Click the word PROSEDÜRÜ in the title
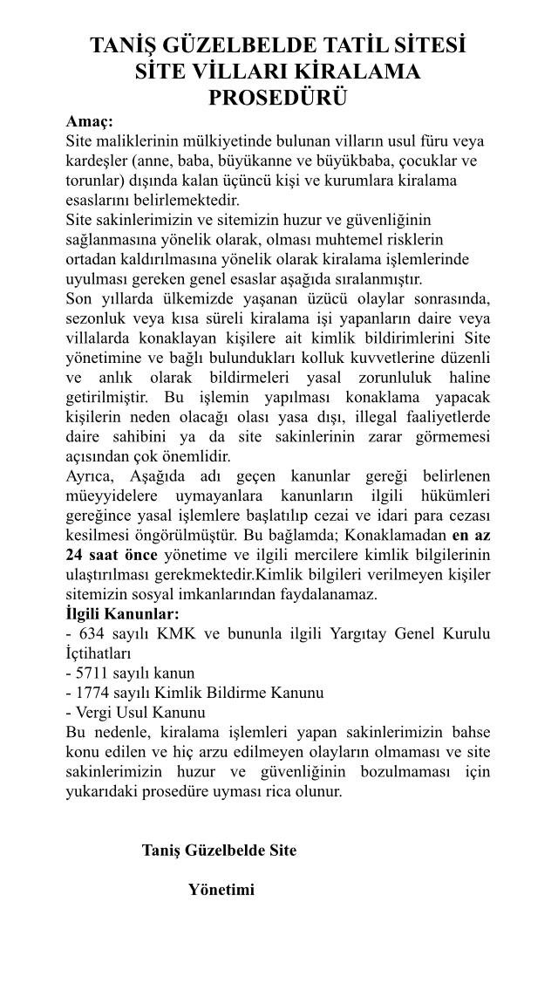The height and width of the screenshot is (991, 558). pos(277,98)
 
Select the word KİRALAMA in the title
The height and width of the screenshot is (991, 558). pos(358,72)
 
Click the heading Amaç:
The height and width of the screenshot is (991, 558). pos(90,121)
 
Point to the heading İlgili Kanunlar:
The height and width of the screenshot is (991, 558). pos(123,613)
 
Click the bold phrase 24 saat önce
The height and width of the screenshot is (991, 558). pos(112,556)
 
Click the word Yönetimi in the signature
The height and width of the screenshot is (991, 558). pos(221,891)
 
